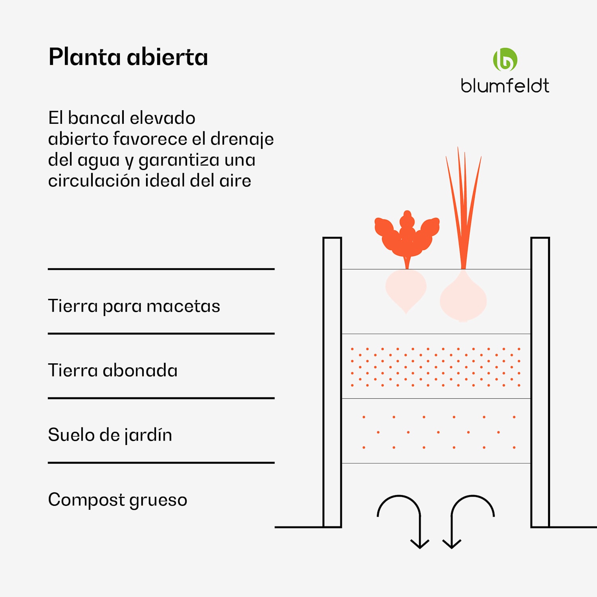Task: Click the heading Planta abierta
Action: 128,57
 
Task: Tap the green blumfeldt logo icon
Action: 505,60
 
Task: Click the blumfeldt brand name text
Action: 505,86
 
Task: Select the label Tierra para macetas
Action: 134,306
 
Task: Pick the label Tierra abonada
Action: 113,371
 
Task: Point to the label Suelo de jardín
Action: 110,435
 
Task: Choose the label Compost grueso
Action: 117,500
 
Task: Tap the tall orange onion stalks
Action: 463,207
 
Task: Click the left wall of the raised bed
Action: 332,382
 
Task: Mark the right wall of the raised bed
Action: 540,382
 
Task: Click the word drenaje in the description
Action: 242,139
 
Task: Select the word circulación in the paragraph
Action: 93,181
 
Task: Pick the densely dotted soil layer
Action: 436,366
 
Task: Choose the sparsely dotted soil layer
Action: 436,432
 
